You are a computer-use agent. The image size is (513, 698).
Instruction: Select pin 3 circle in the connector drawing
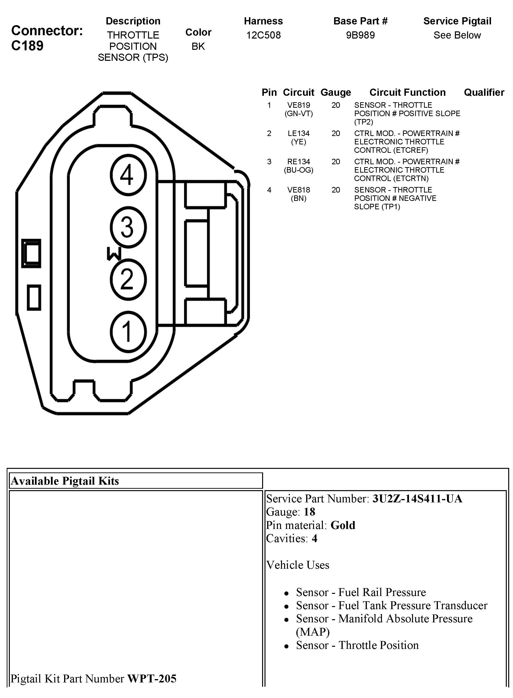coord(128,227)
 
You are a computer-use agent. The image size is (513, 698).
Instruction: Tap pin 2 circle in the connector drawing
coord(128,279)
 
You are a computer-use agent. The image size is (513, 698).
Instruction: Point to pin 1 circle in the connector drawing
coord(128,331)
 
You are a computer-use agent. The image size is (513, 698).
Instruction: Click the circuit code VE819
coord(298,105)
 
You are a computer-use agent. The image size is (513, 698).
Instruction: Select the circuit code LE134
coord(298,133)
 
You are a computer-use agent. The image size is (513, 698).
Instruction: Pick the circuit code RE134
coord(298,162)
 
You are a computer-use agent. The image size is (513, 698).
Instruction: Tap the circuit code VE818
coord(298,190)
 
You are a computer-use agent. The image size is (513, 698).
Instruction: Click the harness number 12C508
coord(263,35)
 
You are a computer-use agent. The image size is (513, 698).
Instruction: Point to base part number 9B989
coord(360,35)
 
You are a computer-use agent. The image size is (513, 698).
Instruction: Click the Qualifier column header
coord(484,92)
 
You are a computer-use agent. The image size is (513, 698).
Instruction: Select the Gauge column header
coord(336,92)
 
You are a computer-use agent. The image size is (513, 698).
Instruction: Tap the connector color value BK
coord(198,46)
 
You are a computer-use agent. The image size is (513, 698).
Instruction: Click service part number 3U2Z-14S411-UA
coord(417,498)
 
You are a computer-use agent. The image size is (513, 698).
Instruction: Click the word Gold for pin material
coord(343,525)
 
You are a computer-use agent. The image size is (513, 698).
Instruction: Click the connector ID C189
coord(27,46)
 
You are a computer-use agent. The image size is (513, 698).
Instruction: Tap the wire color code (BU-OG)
coord(298,170)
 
